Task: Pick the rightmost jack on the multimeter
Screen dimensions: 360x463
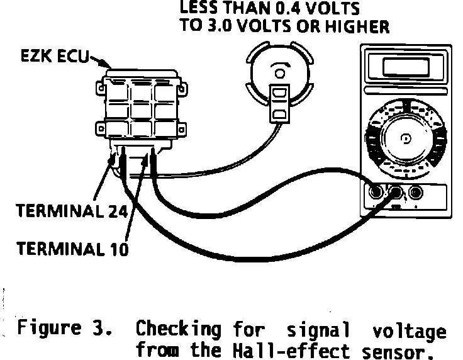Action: pyautogui.click(x=415, y=191)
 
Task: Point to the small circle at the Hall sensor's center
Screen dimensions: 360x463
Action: pyautogui.click(x=279, y=73)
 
